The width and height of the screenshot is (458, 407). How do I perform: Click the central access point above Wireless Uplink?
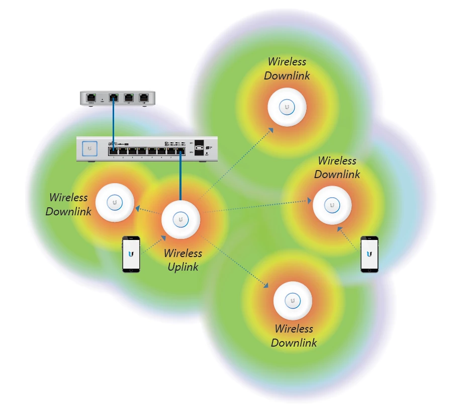[180, 219]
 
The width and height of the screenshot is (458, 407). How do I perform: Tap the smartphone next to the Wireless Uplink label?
[131, 255]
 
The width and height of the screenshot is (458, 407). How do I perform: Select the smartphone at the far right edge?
[370, 254]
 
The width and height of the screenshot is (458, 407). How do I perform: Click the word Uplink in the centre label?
[183, 267]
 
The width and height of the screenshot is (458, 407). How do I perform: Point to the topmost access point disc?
[287, 107]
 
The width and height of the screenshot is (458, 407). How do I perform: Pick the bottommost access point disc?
[293, 301]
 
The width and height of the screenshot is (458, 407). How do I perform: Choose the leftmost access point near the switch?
[115, 203]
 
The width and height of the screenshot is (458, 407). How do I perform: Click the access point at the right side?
[332, 205]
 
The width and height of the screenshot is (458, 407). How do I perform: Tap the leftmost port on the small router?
[91, 98]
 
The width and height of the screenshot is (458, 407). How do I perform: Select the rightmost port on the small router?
[144, 98]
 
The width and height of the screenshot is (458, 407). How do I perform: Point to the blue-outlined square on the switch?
[90, 148]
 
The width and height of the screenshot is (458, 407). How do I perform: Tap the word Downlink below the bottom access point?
[294, 343]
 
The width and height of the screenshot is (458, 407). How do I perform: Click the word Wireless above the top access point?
[287, 62]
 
